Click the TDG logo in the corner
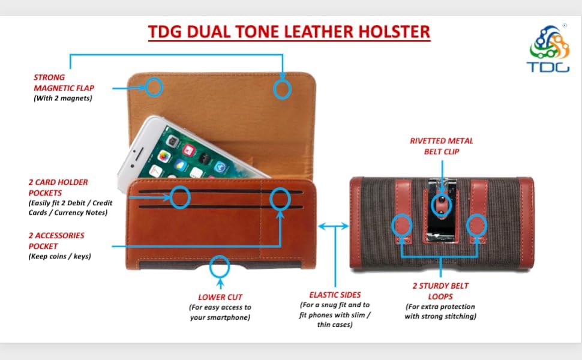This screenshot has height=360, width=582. click(548, 49)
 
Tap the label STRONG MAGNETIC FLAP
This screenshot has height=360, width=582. click(64, 83)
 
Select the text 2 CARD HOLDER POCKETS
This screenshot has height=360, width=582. click(58, 187)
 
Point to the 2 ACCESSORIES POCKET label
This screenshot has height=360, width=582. click(56, 241)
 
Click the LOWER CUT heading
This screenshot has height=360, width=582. click(220, 297)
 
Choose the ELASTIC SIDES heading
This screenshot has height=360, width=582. click(335, 295)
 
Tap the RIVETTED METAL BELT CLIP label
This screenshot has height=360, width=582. click(442, 146)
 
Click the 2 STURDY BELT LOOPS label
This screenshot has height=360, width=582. click(440, 291)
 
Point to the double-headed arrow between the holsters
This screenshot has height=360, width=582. click(334, 226)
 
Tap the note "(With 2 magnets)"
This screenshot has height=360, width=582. click(63, 98)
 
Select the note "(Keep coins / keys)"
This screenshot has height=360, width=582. click(60, 256)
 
